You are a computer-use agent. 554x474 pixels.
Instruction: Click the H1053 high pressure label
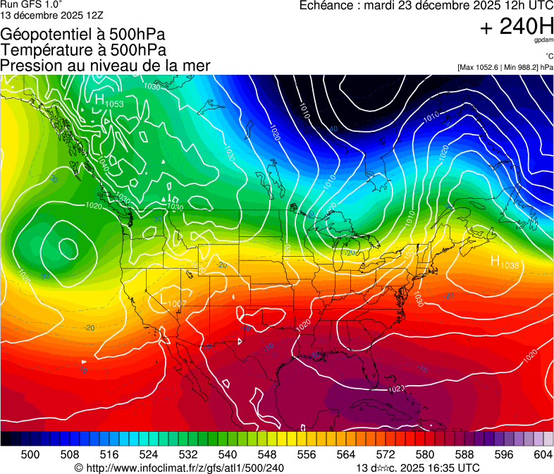[109, 101]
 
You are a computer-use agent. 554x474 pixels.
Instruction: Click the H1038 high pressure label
[505, 262]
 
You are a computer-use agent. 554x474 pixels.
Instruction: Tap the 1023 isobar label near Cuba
[396, 389]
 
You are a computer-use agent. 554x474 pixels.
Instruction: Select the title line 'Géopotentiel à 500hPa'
[83, 35]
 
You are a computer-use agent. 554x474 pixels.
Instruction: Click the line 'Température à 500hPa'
[83, 50]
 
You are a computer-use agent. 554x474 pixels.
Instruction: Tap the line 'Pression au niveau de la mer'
[105, 66]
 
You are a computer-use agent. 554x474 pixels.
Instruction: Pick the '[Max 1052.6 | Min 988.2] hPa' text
[504, 68]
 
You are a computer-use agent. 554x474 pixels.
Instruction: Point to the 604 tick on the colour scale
[543, 454]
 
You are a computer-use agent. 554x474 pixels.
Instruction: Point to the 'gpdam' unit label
[543, 40]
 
